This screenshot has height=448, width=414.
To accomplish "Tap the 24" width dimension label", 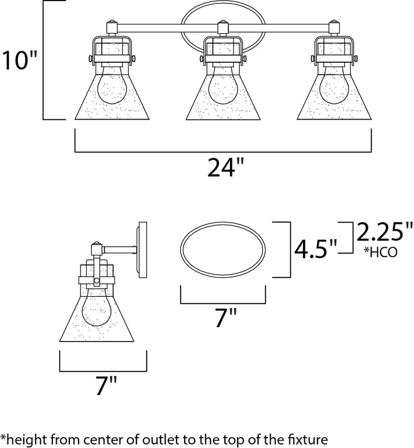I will click(x=222, y=169).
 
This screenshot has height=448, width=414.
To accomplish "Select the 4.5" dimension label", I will click(x=315, y=248).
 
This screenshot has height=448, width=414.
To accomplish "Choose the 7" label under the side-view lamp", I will click(x=103, y=386).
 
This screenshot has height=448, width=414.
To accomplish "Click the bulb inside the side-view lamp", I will click(x=96, y=313).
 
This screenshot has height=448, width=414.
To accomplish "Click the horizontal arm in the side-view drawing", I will click(x=120, y=249).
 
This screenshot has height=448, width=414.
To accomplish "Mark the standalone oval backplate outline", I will click(x=224, y=251).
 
